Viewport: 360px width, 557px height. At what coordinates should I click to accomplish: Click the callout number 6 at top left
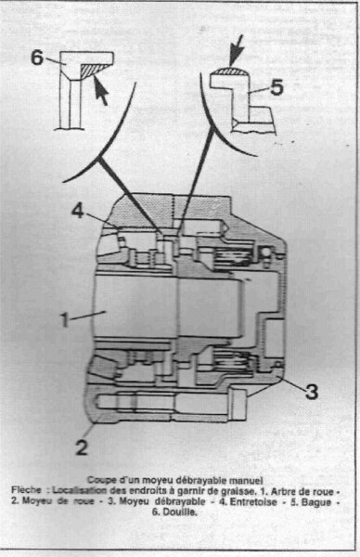[x=37, y=58]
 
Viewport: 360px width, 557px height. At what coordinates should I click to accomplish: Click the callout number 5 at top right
[x=276, y=87]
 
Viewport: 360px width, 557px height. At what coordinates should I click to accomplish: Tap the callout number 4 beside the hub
[x=78, y=211]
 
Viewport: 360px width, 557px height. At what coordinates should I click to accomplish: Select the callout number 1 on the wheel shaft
[x=64, y=319]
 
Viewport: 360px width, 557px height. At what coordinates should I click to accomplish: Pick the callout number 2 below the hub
[x=82, y=447]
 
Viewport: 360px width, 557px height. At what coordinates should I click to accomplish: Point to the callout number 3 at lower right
[x=312, y=392]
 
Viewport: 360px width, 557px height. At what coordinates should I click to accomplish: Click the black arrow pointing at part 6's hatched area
[x=100, y=90]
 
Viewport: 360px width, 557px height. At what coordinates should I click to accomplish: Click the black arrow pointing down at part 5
[x=236, y=50]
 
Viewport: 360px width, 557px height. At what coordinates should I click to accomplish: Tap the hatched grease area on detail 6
[x=92, y=70]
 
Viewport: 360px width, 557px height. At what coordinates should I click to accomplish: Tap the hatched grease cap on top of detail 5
[x=228, y=71]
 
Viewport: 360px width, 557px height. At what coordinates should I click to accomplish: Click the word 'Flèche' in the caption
[x=26, y=490]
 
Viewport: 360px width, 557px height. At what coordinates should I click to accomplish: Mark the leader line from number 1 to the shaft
[x=87, y=316]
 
